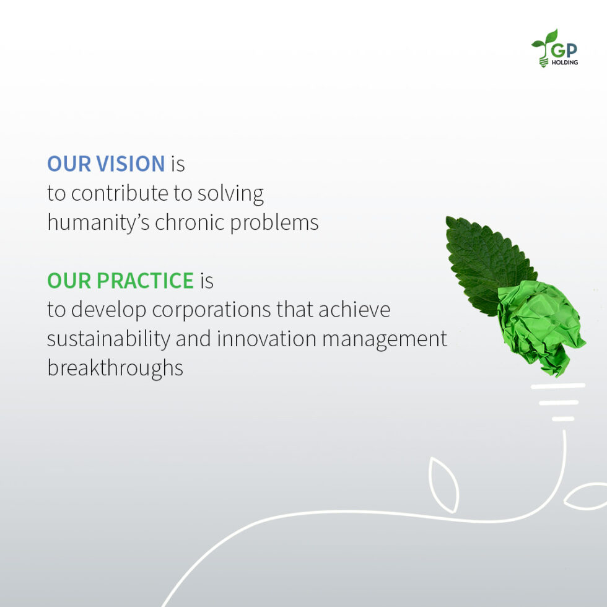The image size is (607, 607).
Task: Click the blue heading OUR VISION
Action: tap(106, 164)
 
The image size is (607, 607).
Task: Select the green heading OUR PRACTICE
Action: tap(121, 281)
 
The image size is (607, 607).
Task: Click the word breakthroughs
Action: tap(115, 368)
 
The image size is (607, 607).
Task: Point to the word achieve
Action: tap(354, 309)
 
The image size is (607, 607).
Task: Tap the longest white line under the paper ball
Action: tap(558, 386)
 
